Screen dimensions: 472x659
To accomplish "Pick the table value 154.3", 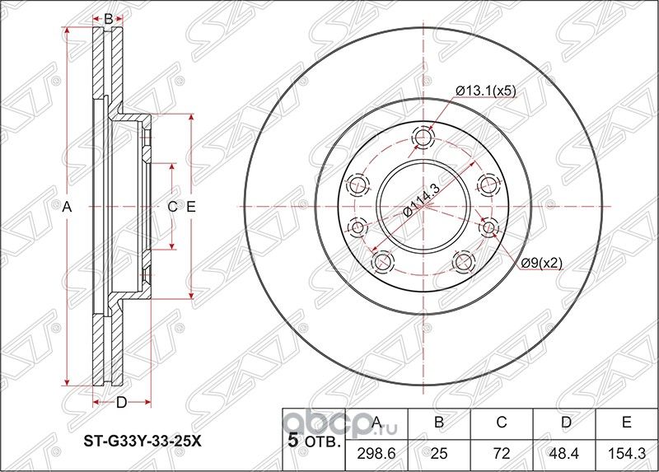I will point(626,453).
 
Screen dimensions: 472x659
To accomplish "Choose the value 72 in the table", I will point(501,453).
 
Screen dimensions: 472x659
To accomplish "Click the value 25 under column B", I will point(439,453).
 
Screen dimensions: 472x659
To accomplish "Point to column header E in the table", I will point(626,423).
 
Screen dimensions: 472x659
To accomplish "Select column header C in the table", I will point(501,423).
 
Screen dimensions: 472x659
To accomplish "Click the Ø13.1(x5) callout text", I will point(486,91).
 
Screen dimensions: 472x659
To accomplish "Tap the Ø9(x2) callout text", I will point(541,263).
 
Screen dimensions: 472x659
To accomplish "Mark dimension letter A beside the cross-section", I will point(68,208).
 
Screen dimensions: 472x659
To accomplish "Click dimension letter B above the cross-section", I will point(108,17).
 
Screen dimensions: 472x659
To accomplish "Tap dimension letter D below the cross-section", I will point(120,402).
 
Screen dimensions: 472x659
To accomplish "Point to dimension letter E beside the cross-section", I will point(190,208).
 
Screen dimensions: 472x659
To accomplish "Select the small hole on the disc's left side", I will point(358,226).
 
